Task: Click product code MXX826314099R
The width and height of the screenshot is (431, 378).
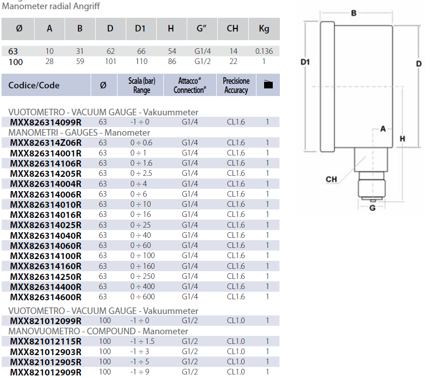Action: pos(45,122)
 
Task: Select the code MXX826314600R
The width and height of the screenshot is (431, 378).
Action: pos(45,297)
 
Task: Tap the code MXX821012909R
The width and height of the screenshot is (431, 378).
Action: pos(45,372)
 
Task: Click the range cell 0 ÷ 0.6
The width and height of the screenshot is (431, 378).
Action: pos(141,143)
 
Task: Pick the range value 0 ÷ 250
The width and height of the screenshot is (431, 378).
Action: pos(141,276)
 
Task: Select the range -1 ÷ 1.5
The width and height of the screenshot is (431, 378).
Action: pos(141,341)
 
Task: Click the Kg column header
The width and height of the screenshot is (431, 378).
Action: pos(264,28)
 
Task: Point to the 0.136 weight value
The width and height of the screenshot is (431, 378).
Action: pos(264,51)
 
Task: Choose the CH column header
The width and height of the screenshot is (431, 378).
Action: pos(232,28)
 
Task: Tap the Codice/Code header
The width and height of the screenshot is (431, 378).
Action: pos(34,85)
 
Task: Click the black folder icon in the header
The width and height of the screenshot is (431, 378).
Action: pos(268,85)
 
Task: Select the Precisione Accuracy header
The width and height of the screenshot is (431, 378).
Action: pos(236,85)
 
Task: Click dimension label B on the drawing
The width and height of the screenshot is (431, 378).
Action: pos(354,13)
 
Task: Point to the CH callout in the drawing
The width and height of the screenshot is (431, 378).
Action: pos(331,179)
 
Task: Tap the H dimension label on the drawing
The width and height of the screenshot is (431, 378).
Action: pos(402,139)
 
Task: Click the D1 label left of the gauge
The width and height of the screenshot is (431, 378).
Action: pos(305,62)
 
